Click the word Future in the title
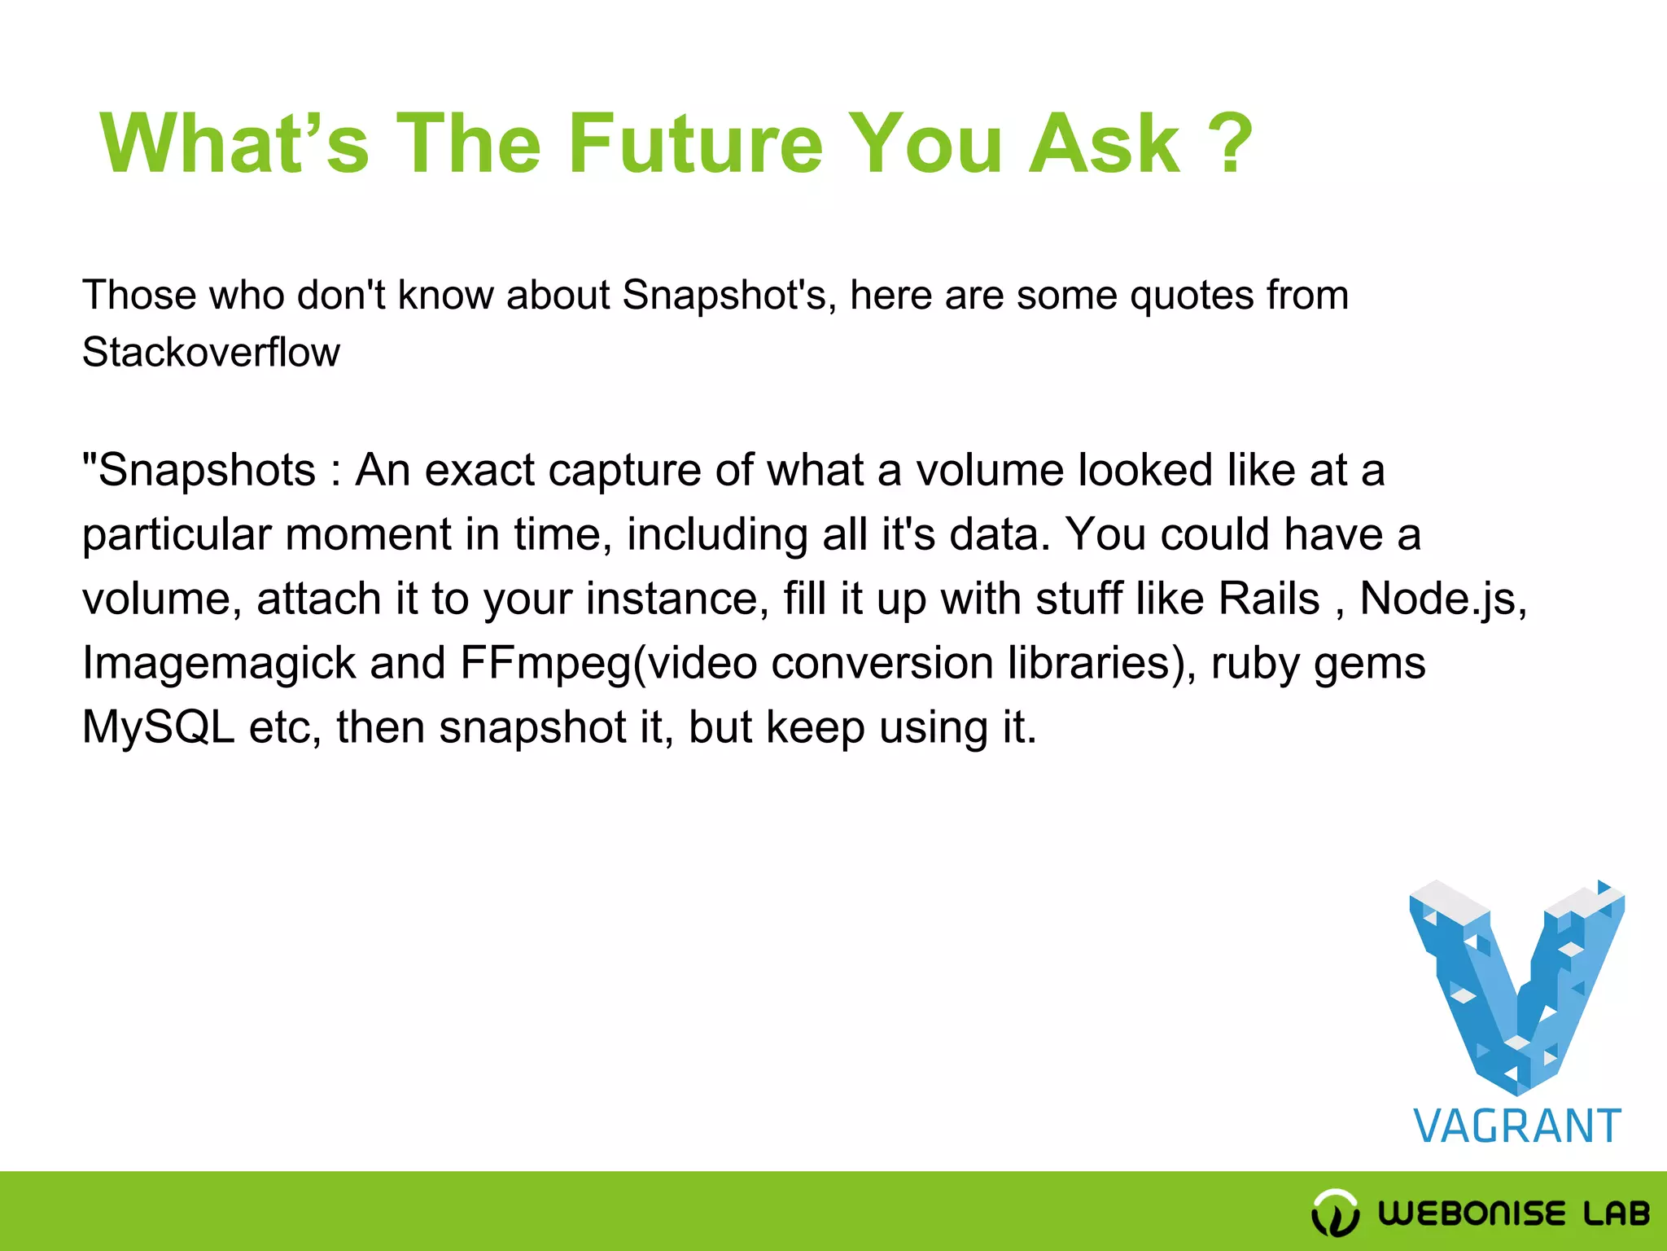(x=695, y=144)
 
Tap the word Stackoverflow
(x=211, y=353)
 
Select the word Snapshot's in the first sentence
(x=729, y=295)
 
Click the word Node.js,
(x=1443, y=600)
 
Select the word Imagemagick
(x=219, y=664)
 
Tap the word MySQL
(x=158, y=727)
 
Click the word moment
(x=368, y=535)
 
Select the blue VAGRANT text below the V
(x=1517, y=1127)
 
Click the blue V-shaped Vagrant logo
(x=1517, y=985)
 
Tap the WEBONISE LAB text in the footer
(x=1514, y=1214)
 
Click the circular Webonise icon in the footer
(x=1335, y=1213)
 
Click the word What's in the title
(x=234, y=144)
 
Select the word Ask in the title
(x=1104, y=144)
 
